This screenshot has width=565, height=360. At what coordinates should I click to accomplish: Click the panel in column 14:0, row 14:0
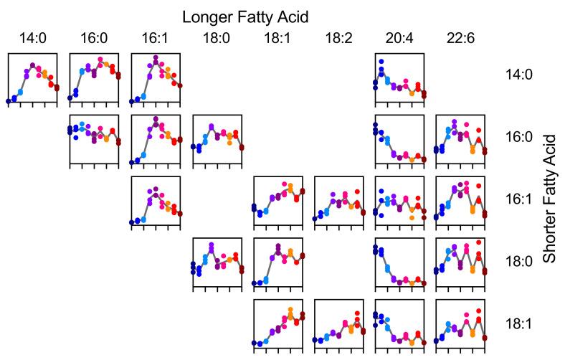pyautogui.click(x=32, y=77)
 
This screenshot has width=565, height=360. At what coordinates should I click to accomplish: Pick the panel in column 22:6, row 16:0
pyautogui.click(x=461, y=138)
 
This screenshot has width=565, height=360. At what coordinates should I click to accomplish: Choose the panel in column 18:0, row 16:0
pyautogui.click(x=217, y=138)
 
